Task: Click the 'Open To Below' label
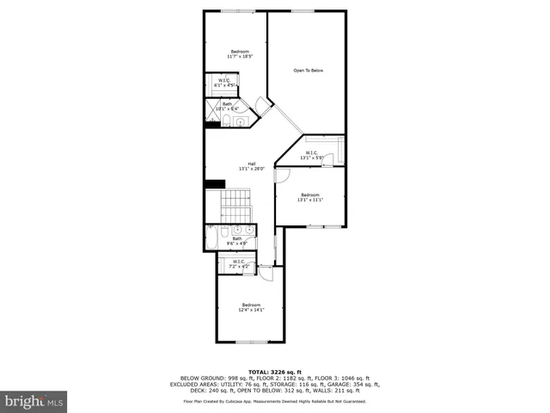pos(308,71)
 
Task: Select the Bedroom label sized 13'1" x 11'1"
pos(309,197)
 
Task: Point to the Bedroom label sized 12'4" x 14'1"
pos(251,307)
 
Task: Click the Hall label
pos(252,166)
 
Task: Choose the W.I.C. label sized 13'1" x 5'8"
pos(311,155)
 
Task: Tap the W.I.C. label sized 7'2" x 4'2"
pos(238,264)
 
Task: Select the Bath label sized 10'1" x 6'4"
pos(228,106)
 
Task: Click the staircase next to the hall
pos(235,206)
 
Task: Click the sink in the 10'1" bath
pos(239,120)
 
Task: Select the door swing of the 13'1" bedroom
pos(282,176)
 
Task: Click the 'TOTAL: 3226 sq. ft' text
pos(274,372)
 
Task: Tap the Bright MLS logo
pos(34,401)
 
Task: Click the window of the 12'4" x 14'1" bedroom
pos(250,342)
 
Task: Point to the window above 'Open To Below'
pos(302,11)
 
